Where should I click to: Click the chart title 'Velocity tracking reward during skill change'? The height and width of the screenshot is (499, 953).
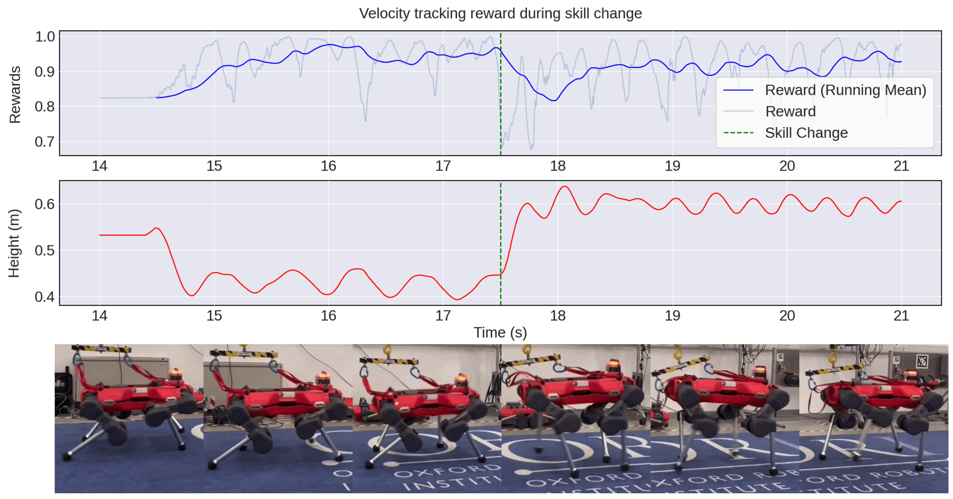[500, 13]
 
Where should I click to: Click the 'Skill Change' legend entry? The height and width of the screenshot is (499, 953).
[806, 133]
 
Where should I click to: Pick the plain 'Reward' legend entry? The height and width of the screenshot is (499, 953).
[790, 112]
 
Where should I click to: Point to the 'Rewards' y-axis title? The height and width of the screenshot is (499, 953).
[15, 94]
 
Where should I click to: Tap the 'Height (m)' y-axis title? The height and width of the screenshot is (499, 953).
[14, 243]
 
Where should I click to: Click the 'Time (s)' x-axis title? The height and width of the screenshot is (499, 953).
[500, 332]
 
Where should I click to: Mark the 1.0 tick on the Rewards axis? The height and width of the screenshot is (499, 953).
[45, 37]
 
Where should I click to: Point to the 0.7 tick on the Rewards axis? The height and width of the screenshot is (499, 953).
[45, 142]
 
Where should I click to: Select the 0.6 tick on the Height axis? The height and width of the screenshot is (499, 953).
[45, 204]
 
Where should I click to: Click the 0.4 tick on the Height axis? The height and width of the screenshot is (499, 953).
[45, 297]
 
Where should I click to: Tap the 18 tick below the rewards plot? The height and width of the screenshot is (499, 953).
[558, 166]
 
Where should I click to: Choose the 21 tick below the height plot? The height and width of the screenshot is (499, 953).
[901, 315]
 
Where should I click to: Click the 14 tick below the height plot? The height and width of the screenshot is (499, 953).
[100, 315]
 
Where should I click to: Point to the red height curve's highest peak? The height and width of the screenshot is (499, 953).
[565, 187]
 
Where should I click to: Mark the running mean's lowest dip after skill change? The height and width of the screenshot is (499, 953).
[554, 101]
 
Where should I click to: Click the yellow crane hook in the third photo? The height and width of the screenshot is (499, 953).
[387, 351]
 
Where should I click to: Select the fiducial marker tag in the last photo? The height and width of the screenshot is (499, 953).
[922, 361]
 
